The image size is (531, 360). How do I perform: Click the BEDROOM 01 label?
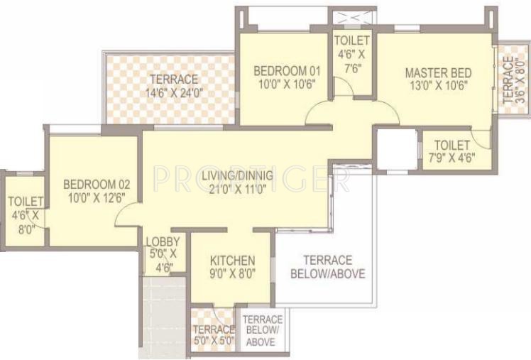288,71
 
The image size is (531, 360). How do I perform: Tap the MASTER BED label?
439,72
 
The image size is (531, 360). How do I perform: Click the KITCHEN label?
232,261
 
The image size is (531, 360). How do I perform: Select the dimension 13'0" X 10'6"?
439,86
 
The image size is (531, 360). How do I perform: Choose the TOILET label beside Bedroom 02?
26,202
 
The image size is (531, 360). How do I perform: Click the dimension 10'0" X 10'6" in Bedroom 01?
288,84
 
